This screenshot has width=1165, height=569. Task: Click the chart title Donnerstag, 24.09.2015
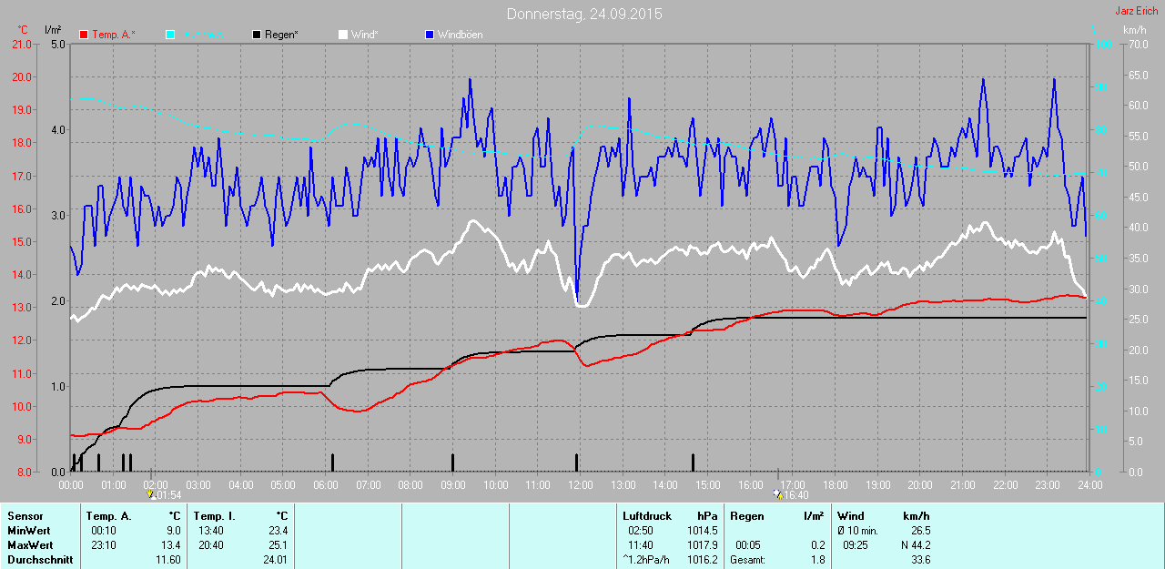584,14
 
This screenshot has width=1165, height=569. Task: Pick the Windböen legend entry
460,35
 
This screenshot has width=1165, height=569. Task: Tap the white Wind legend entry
364,35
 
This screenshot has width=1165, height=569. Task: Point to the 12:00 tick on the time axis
581,485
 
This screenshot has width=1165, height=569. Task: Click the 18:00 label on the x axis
836,485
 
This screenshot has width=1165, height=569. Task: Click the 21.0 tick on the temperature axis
20,44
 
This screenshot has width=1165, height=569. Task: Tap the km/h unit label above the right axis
1134,30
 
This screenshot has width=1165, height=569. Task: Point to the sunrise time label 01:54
168,496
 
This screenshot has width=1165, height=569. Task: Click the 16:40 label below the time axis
796,496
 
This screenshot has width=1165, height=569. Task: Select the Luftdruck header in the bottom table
647,516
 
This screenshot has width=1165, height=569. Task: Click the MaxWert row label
29,545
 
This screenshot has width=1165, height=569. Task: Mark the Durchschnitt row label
39,560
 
